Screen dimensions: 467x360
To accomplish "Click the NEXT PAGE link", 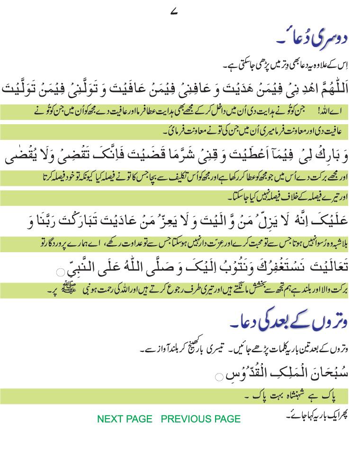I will (x=125, y=419).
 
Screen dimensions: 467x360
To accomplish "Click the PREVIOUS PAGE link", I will (x=201, y=419).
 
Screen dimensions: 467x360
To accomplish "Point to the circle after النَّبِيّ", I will (x=60, y=272).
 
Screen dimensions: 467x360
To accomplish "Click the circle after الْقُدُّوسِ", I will (x=219, y=377).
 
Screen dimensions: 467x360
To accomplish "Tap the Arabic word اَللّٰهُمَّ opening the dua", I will (x=332, y=88).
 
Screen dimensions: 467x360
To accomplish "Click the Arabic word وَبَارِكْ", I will (x=332, y=155).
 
